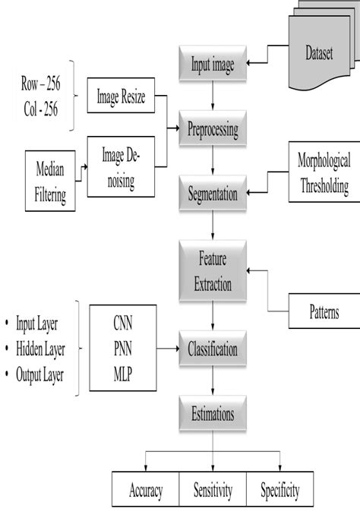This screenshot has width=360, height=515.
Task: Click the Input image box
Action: coord(213,65)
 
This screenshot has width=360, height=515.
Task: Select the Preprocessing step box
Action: coord(213,129)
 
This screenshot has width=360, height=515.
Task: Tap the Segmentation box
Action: coord(213,194)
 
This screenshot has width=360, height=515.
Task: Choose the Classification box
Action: coord(213,349)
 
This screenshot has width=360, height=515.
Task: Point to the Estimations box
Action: coord(213,415)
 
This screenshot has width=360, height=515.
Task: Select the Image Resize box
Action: coord(122,96)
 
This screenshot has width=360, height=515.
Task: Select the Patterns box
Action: coord(324,311)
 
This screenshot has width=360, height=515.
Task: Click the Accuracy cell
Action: coord(145,490)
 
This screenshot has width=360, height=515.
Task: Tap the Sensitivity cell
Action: coord(213,490)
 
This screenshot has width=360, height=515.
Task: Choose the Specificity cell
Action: coord(279,490)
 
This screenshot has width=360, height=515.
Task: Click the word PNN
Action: coord(122,349)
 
